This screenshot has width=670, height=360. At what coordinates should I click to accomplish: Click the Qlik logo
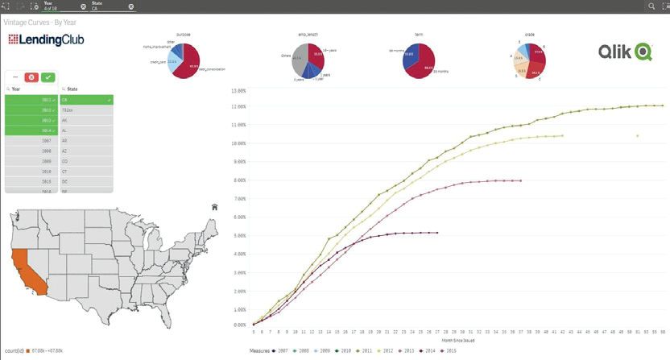624,52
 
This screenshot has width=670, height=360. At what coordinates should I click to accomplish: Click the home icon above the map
214,207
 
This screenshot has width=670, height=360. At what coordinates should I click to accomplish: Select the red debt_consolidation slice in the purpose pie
192,67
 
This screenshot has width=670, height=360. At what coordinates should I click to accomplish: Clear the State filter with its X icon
130,6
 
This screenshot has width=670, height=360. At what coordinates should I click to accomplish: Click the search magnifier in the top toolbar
651,6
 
